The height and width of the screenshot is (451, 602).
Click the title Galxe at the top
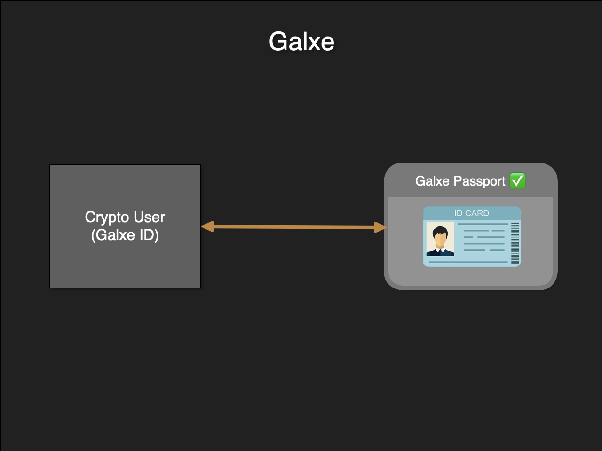(x=301, y=41)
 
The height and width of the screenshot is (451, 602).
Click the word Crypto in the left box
(x=107, y=218)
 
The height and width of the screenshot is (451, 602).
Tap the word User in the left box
(x=150, y=217)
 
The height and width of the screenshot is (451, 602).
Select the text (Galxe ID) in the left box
(x=125, y=235)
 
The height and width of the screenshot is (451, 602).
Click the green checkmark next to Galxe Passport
(x=517, y=181)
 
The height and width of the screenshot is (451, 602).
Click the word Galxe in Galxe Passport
(x=432, y=181)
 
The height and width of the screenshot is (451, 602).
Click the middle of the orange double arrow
(x=294, y=227)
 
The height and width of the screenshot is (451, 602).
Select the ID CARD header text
(x=471, y=213)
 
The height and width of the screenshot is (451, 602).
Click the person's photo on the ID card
(x=440, y=239)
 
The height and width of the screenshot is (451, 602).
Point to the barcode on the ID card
(x=515, y=242)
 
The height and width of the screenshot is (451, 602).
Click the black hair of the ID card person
(x=440, y=231)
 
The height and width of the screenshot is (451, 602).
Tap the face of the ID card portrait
(x=440, y=240)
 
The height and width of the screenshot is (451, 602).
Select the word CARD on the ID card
(x=477, y=213)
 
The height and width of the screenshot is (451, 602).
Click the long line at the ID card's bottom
(x=468, y=262)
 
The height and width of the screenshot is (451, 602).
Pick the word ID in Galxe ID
(x=148, y=235)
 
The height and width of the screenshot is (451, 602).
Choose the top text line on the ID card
(x=483, y=224)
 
